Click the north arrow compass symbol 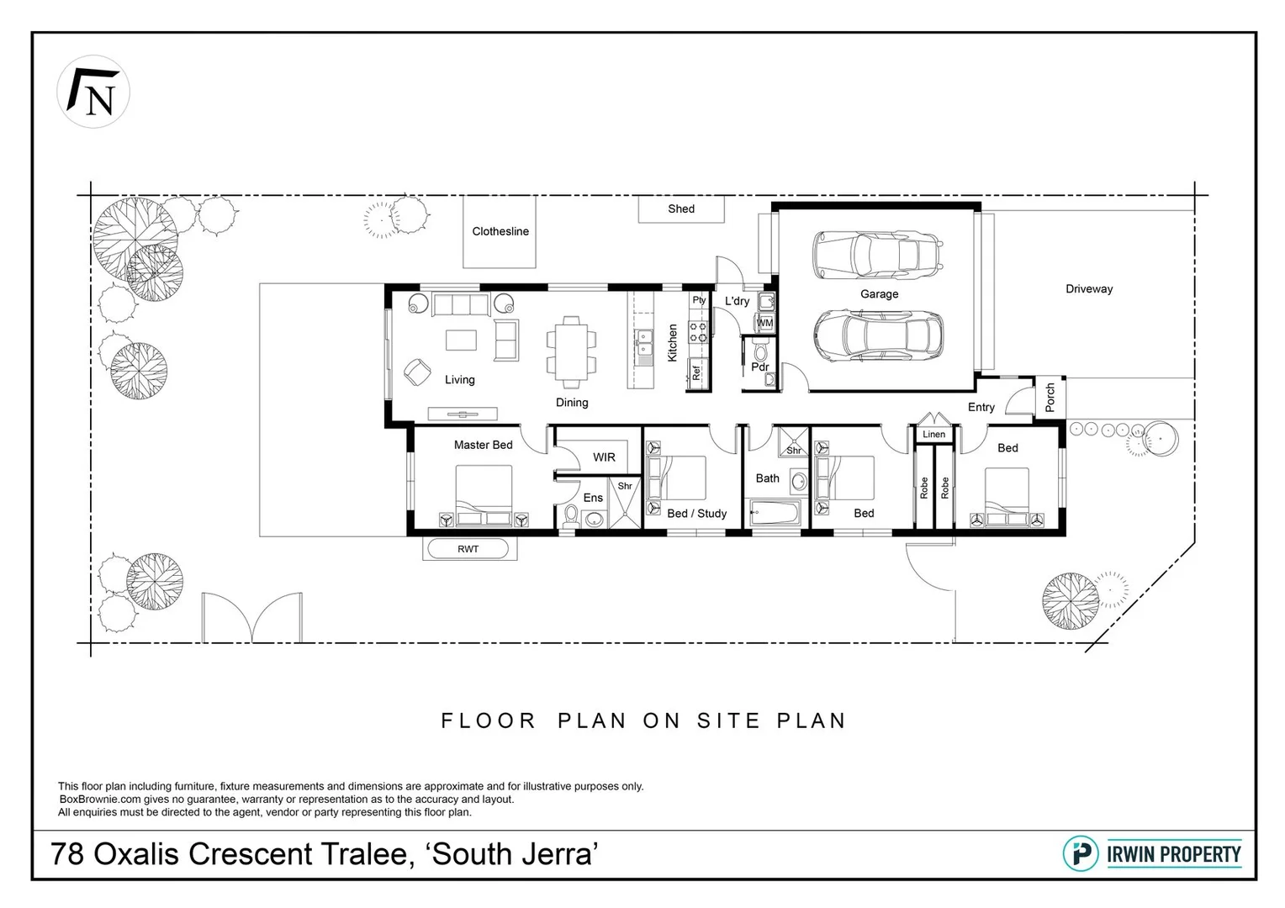coord(93,92)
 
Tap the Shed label coord(681,209)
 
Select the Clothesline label coord(500,231)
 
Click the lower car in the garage coord(878,335)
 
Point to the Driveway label coord(1089,288)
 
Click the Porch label coord(1050,397)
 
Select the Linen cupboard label coord(933,435)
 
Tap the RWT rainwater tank coord(468,549)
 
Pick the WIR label coord(604,457)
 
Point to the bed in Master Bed coord(484,496)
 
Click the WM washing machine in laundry coord(764,323)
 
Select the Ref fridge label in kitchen coord(696,371)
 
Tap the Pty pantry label coord(699,300)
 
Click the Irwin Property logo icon coord(1081,853)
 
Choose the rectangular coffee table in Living coord(461,340)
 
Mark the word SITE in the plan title coord(728,721)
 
